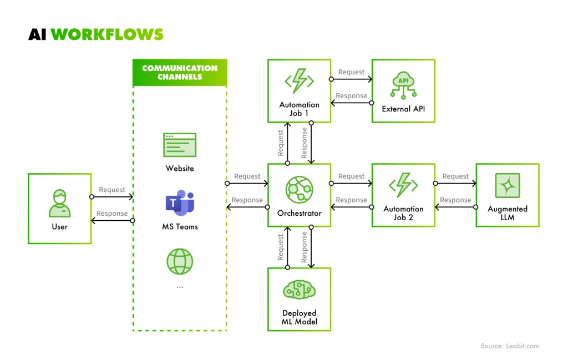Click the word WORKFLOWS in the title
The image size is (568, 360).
[x=107, y=34]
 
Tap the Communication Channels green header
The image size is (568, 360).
[x=180, y=73]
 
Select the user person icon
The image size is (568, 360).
[x=59, y=203]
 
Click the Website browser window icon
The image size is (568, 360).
[x=180, y=145]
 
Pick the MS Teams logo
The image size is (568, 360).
[x=180, y=204]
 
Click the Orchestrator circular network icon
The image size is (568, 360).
[x=300, y=190]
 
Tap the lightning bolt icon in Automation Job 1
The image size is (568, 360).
[x=300, y=82]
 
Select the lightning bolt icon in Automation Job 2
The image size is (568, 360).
[x=403, y=186]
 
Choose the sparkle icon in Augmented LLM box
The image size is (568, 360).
[x=508, y=186]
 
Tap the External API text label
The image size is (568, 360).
[x=403, y=109]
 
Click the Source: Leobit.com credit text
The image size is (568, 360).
[x=510, y=346]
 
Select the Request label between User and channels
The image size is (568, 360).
[x=112, y=190]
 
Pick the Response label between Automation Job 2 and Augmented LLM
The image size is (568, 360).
[x=455, y=200]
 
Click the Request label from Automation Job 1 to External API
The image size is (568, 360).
[x=351, y=72]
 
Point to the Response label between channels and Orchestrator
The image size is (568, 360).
[x=247, y=200]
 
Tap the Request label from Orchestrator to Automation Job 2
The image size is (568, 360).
[x=351, y=176]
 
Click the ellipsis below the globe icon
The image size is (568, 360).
[x=180, y=287]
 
